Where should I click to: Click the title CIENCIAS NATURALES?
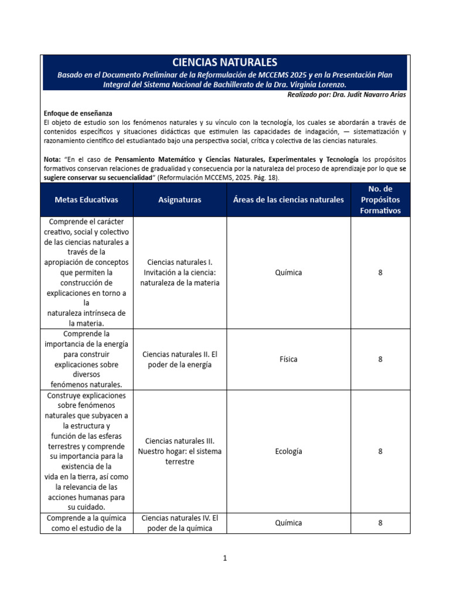tap(225, 62)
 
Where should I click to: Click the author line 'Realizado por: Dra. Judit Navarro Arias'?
tap(346, 95)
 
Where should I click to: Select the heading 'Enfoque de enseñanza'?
tap(78, 113)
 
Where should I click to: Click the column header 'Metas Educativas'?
tap(86, 200)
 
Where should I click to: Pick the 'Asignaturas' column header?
tap(179, 200)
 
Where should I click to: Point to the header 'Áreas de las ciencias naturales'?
tap(288, 200)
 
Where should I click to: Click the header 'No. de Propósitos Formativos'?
tap(380, 200)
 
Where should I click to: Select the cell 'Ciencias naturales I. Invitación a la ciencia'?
tap(179, 272)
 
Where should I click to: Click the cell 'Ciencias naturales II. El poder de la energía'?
tap(179, 360)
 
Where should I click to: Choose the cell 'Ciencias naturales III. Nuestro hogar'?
tap(179, 451)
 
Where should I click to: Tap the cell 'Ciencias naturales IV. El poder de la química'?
tap(179, 523)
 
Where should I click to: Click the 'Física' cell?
tap(288, 359)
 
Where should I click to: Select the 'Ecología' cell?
tap(288, 451)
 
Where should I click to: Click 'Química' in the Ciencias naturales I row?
tap(288, 272)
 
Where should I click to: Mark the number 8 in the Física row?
tap(380, 359)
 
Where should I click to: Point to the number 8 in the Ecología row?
tap(380, 451)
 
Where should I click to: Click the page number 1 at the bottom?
tap(224, 558)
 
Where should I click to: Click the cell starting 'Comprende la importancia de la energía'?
tap(86, 359)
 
